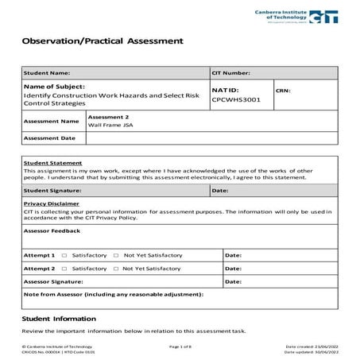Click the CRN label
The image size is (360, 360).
(x=284, y=91)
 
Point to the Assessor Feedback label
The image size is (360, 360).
(x=52, y=230)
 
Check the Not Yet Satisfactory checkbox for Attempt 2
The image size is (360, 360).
(x=116, y=269)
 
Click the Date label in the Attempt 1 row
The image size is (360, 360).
(x=234, y=256)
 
